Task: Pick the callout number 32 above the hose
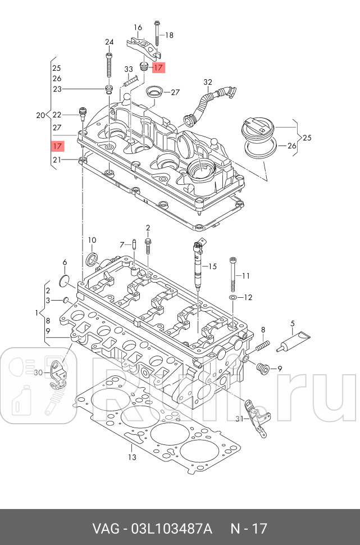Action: coord(208,82)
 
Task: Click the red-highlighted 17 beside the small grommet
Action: coord(158,67)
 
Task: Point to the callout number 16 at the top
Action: coord(138,27)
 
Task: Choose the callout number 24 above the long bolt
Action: coord(109,42)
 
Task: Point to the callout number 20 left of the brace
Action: coord(40,115)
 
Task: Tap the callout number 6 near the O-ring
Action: coord(65,262)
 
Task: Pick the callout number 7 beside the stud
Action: coord(121,244)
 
